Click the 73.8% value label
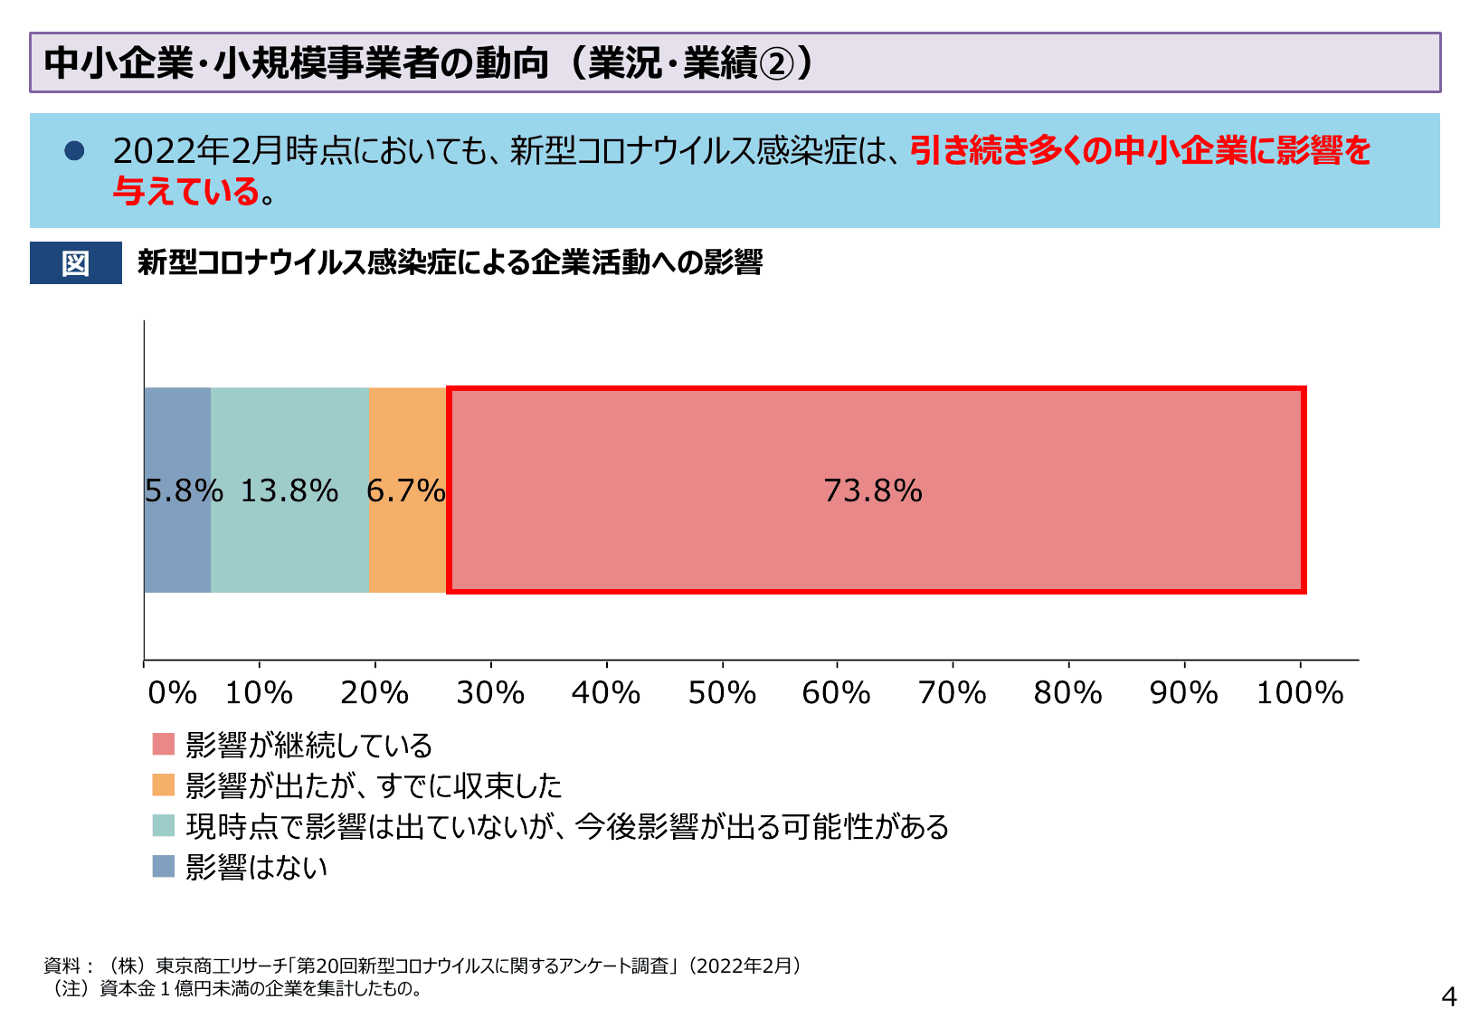(x=873, y=490)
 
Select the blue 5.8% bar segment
(x=177, y=543)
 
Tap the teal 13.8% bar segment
(x=289, y=543)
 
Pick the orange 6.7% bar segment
(x=407, y=543)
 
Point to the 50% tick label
(x=722, y=693)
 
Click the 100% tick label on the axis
(x=1300, y=693)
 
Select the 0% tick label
(x=172, y=693)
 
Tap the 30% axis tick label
(x=490, y=693)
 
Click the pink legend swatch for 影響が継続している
(x=164, y=745)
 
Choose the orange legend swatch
(x=164, y=785)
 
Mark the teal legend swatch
(x=164, y=825)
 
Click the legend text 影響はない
(x=257, y=867)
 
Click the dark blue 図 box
(x=76, y=263)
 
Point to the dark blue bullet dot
(x=74, y=150)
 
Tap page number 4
(x=1449, y=996)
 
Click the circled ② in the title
(x=777, y=63)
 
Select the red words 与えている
(x=186, y=191)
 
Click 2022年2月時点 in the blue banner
(x=232, y=150)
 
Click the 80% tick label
(x=1068, y=693)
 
